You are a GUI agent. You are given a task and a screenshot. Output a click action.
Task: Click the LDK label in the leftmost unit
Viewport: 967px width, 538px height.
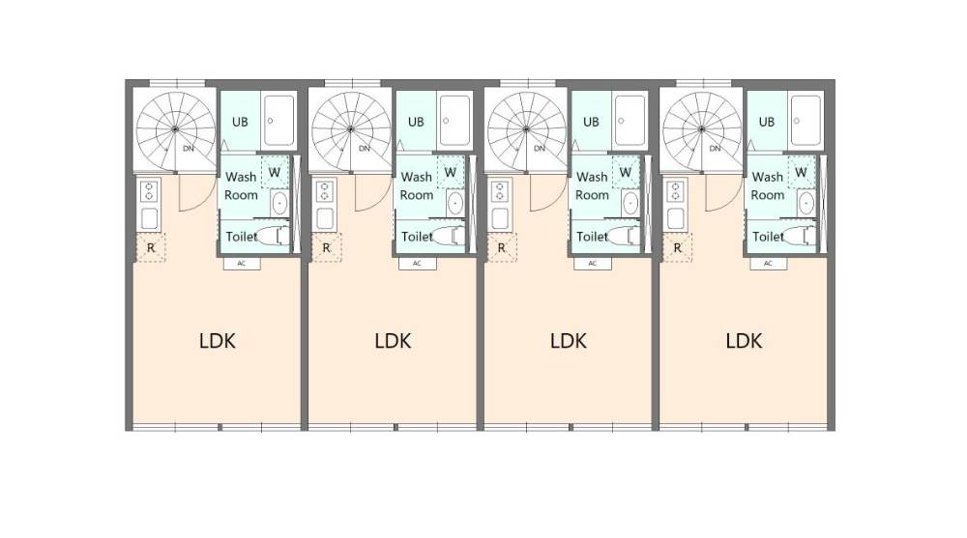coord(217,341)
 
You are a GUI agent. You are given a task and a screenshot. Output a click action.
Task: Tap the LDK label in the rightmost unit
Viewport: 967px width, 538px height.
coord(744,341)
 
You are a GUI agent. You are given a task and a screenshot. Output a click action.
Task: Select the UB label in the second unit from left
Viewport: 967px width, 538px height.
coord(416,122)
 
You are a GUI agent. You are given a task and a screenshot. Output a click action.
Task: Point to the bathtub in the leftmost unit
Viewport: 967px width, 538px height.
coord(279,120)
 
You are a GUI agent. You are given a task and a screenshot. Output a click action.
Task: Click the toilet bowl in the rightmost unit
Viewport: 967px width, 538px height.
coord(800,236)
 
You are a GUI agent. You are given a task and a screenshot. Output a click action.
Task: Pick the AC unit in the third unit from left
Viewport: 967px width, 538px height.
coord(593,263)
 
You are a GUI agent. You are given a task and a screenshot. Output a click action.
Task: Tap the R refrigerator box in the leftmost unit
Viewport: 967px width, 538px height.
coord(151,247)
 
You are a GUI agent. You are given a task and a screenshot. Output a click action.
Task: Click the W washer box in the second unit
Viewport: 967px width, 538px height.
coord(451,173)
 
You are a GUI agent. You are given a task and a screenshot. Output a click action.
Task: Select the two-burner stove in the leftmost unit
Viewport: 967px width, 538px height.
coord(149,191)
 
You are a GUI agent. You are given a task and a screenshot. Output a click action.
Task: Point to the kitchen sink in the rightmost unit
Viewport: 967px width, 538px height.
coord(676,219)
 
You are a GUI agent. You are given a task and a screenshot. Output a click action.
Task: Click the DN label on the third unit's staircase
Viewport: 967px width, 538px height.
coord(540,149)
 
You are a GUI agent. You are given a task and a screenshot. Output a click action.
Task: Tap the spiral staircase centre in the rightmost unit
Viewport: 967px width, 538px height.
coord(702,129)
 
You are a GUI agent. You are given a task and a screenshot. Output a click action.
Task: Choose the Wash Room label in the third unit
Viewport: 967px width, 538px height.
coord(592,185)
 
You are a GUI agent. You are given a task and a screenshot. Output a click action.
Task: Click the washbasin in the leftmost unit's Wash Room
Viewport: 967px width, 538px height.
coord(279,203)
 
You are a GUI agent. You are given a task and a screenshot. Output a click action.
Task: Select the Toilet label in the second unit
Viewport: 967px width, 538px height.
coord(417,236)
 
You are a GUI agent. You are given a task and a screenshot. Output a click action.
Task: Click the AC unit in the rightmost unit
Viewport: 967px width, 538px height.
coord(769,263)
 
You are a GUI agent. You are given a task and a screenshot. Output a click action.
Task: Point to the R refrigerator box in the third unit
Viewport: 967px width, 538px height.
coord(501,247)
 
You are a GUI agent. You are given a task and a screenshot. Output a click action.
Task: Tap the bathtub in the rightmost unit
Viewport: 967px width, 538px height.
coord(806,120)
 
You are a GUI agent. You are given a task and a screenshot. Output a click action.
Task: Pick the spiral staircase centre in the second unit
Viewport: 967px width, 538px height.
coord(351,129)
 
